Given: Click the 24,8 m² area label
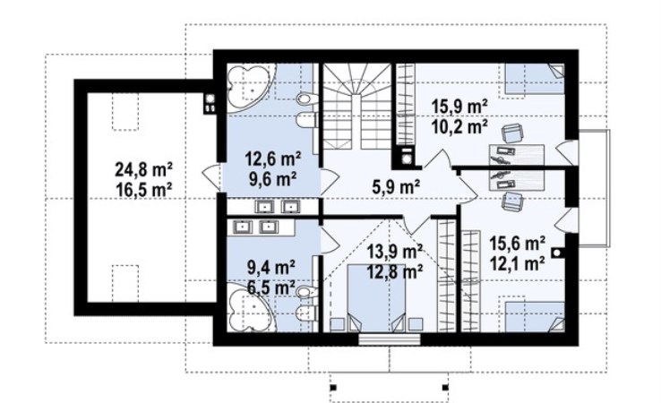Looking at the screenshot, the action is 143,170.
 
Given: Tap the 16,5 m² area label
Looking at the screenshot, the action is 143,189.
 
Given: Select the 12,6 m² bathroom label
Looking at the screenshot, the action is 273,159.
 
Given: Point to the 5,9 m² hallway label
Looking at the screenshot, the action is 395,187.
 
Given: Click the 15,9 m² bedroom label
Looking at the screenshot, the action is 459,107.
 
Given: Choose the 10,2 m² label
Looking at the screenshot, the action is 459,126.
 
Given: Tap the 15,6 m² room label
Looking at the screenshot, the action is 518,244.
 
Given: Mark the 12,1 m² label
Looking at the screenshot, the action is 518,263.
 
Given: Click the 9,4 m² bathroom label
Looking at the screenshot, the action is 271,267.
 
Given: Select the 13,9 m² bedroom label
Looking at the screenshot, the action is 395,253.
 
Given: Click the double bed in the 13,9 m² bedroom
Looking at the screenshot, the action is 376,297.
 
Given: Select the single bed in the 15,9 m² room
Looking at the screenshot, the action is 535,79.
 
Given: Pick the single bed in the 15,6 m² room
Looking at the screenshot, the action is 535,317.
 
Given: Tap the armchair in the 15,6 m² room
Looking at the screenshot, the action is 511,201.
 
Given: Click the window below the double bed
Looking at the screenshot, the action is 389,339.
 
